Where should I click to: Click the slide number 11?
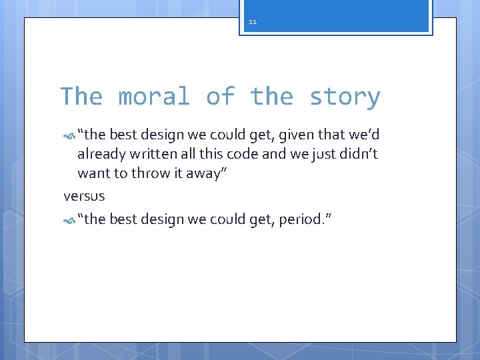(253, 22)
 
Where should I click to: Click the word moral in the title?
(154, 97)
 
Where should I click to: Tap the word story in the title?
(345, 97)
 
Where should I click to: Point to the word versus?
(84, 196)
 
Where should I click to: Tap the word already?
(101, 155)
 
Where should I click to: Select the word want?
(93, 174)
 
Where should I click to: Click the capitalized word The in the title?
(81, 97)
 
